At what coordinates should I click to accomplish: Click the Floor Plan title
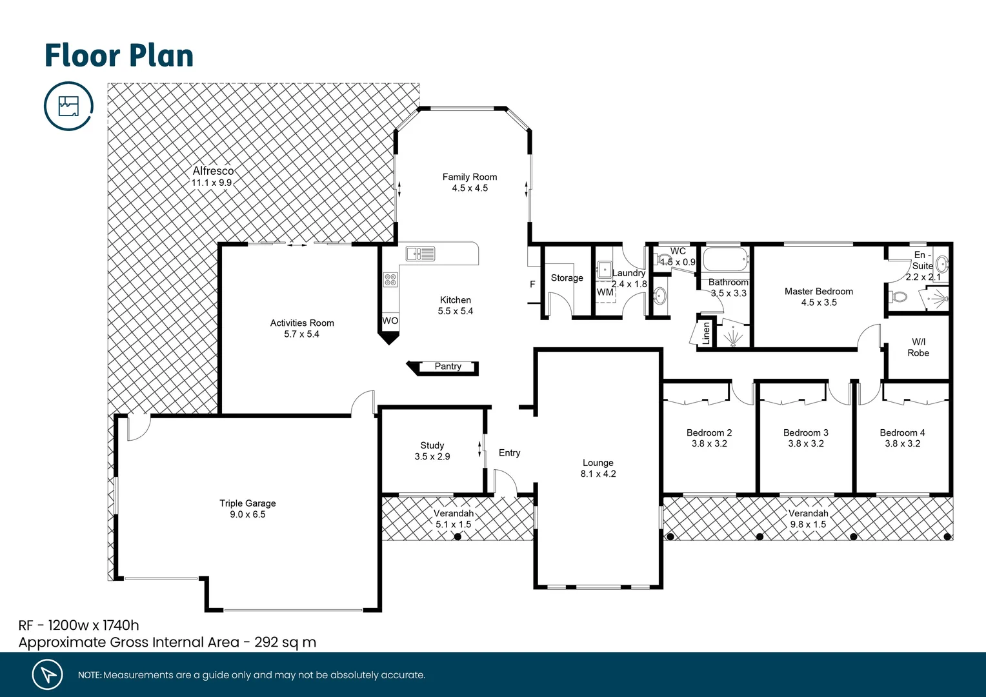click(x=119, y=56)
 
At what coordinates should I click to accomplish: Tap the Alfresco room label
click(x=213, y=171)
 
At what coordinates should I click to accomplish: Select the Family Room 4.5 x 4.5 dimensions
click(x=470, y=188)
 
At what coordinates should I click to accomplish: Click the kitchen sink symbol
click(x=420, y=254)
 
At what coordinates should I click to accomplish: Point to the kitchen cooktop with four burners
click(x=390, y=279)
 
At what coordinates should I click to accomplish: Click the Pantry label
click(x=448, y=367)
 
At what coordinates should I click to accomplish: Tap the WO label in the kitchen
click(x=390, y=321)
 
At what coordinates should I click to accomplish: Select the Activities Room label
click(x=302, y=323)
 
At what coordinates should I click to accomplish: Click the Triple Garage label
click(x=248, y=503)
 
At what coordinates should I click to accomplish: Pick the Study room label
click(x=432, y=445)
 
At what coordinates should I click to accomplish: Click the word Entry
click(x=509, y=453)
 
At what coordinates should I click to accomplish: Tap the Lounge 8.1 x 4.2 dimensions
click(x=598, y=474)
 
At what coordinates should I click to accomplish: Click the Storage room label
click(x=567, y=278)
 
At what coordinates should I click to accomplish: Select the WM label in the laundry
click(x=605, y=292)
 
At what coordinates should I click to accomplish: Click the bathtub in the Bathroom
click(x=725, y=260)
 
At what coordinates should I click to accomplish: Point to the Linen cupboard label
click(x=706, y=333)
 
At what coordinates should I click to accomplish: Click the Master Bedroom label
click(x=818, y=292)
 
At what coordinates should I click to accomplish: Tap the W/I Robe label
click(x=918, y=347)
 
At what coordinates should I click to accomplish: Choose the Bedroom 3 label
click(x=805, y=432)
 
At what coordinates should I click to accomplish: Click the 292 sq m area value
click(x=285, y=642)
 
